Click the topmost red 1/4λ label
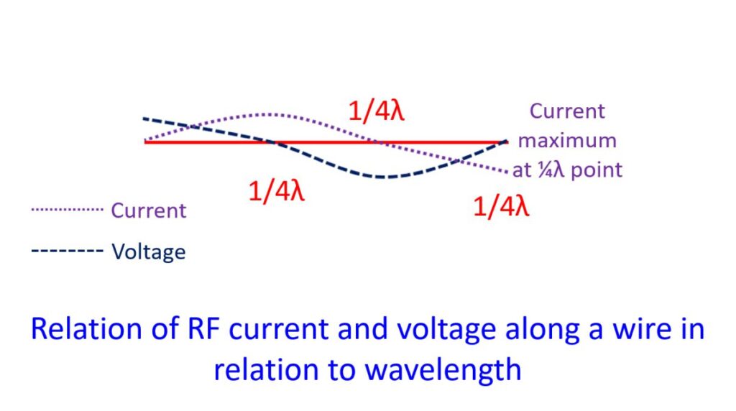[x=376, y=111]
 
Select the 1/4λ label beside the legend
[x=277, y=191]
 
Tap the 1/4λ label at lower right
[x=501, y=206]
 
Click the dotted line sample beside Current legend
[x=67, y=209]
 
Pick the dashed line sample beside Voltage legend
[x=67, y=251]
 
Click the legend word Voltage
[x=148, y=252]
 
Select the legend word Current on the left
[x=148, y=211]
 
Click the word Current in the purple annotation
[x=567, y=111]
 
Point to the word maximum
[x=567, y=141]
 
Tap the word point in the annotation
[x=597, y=170]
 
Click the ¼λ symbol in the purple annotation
[x=551, y=170]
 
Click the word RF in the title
[x=203, y=328]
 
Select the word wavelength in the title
[x=443, y=370]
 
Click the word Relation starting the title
[x=87, y=328]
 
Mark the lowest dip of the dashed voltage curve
[x=381, y=177]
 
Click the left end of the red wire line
[x=145, y=142]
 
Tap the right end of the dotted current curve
[x=507, y=172]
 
